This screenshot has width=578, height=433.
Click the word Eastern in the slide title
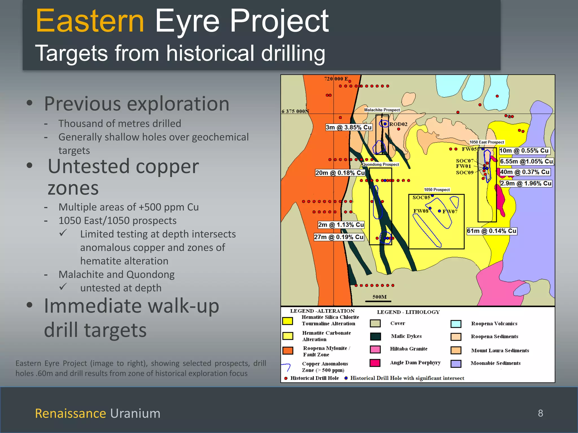(x=90, y=21)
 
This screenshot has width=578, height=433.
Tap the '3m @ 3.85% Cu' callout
(x=349, y=127)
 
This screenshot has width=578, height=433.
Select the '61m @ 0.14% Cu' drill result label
(x=492, y=231)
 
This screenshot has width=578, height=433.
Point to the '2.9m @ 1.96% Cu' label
(x=526, y=184)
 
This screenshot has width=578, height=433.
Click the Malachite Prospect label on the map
(x=382, y=110)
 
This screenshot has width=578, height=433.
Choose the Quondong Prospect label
(x=380, y=164)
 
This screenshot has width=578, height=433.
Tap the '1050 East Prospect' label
(x=487, y=142)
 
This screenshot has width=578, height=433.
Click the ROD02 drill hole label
(x=398, y=124)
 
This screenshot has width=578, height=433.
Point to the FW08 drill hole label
(x=421, y=211)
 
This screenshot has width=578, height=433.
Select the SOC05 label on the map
(x=421, y=197)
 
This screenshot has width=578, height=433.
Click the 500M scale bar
(x=379, y=301)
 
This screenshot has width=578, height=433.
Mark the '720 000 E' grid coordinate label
(x=336, y=79)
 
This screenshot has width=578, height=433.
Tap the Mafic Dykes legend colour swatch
(x=375, y=336)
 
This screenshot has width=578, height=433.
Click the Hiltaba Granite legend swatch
(x=375, y=349)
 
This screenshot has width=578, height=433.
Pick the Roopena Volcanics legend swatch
(x=456, y=324)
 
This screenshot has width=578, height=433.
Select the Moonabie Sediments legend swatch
(x=456, y=364)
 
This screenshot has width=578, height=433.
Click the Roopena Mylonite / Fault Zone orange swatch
(x=288, y=351)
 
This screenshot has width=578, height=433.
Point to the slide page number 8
(x=540, y=413)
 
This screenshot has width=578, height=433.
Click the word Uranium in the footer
(x=135, y=414)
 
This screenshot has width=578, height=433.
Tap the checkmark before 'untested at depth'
(x=63, y=287)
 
